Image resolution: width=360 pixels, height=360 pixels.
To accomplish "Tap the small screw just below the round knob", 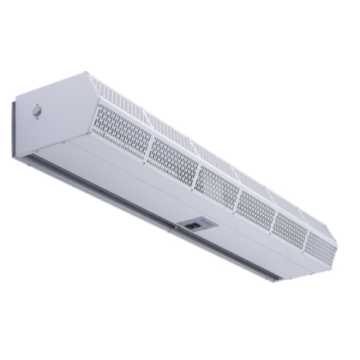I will click(x=38, y=122).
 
